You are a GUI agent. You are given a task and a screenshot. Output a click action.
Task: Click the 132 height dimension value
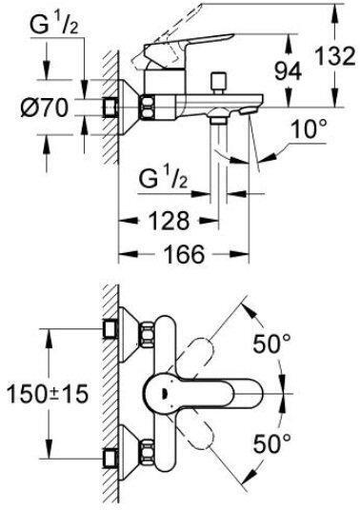coord(335,55)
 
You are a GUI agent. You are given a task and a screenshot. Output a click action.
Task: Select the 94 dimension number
coord(288,72)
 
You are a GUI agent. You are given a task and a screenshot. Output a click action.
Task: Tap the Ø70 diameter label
coord(45,108)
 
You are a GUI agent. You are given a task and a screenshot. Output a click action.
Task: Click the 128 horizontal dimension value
coord(169,221)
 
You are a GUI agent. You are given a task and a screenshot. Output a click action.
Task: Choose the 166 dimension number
coord(185,254)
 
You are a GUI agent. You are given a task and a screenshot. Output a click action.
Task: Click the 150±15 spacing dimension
coord(48,394)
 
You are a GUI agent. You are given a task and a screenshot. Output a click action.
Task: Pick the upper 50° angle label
coord(272,343)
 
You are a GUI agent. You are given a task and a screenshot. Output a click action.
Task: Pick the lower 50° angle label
coord(272,443)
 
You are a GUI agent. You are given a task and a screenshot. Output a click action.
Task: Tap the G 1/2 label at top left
coord(54,25)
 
